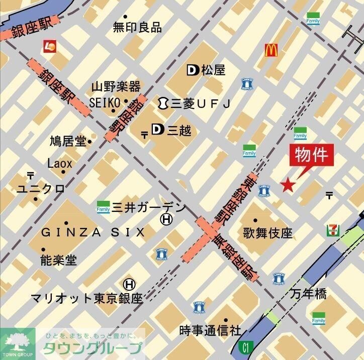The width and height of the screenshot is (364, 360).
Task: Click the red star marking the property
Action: [x=287, y=185]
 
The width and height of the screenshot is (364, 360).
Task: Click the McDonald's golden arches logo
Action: [x=271, y=50]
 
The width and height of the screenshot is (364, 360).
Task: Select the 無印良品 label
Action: [x=137, y=27]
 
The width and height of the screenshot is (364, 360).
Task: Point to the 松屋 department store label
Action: [x=213, y=70]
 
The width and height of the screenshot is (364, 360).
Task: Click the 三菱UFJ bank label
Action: [x=200, y=103]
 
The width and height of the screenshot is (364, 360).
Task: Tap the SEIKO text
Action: [x=105, y=102]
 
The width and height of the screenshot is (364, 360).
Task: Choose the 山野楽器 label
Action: [x=116, y=86]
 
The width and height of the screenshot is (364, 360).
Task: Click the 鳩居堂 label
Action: [x=68, y=141]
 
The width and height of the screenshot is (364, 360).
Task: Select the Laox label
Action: [x=60, y=163]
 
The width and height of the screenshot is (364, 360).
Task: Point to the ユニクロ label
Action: [x=41, y=189]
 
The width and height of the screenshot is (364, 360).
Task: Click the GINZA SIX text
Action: [x=93, y=232]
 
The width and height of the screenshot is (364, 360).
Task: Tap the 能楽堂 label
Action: [x=58, y=260]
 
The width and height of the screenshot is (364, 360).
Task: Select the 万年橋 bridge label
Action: [x=308, y=294]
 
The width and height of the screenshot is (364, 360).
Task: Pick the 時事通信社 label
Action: [x=210, y=331]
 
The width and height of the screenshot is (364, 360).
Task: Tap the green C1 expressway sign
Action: [x=245, y=346]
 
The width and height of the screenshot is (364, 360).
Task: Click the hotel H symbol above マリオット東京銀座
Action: [x=129, y=284]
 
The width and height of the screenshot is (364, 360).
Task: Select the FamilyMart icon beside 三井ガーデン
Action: [x=103, y=206]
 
